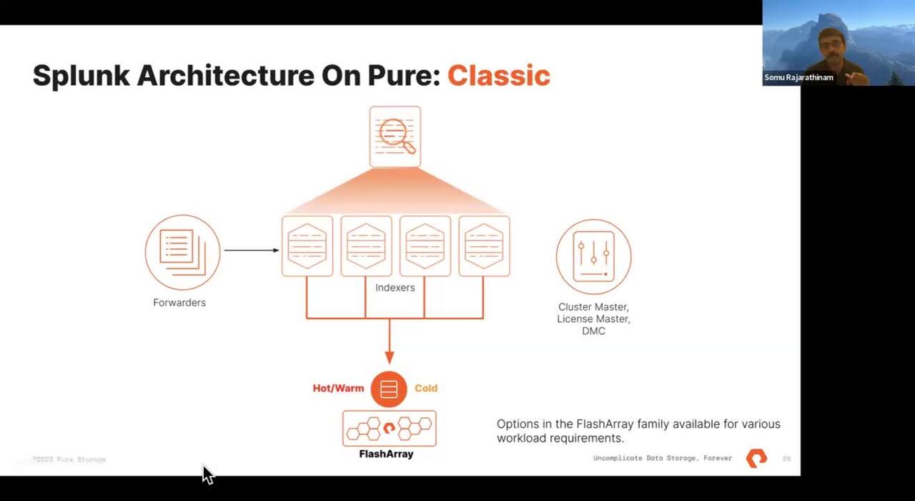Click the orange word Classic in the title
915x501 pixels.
498,75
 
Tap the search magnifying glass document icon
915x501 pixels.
395,136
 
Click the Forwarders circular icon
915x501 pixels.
182,252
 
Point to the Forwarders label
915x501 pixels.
179,303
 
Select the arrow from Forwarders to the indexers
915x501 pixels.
251,250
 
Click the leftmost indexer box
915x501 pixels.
307,246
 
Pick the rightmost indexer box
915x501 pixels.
484,246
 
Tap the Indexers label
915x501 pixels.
395,288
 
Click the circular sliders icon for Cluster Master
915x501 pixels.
593,256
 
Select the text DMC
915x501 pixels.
593,331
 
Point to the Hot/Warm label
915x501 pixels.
338,388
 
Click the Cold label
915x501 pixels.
425,388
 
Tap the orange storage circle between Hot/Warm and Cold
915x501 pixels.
389,389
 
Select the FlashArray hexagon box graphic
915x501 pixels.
389,429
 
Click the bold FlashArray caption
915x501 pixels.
386,454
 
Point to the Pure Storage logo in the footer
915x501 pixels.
756,458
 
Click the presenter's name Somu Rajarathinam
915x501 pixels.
798,77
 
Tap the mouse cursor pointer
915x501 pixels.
207,475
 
